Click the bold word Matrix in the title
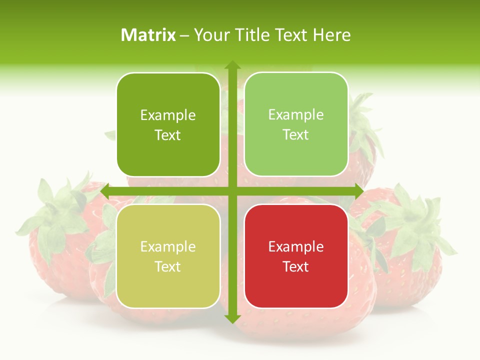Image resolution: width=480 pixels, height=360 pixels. tap(148, 35)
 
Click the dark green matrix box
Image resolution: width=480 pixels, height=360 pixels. tap(168, 125)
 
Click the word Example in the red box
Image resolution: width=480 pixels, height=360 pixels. tap(296, 246)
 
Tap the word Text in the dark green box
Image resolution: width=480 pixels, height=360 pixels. tap(168, 135)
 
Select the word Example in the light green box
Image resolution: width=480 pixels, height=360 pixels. tap(296, 115)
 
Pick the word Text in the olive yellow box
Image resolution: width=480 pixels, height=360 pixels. tap(168, 267)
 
